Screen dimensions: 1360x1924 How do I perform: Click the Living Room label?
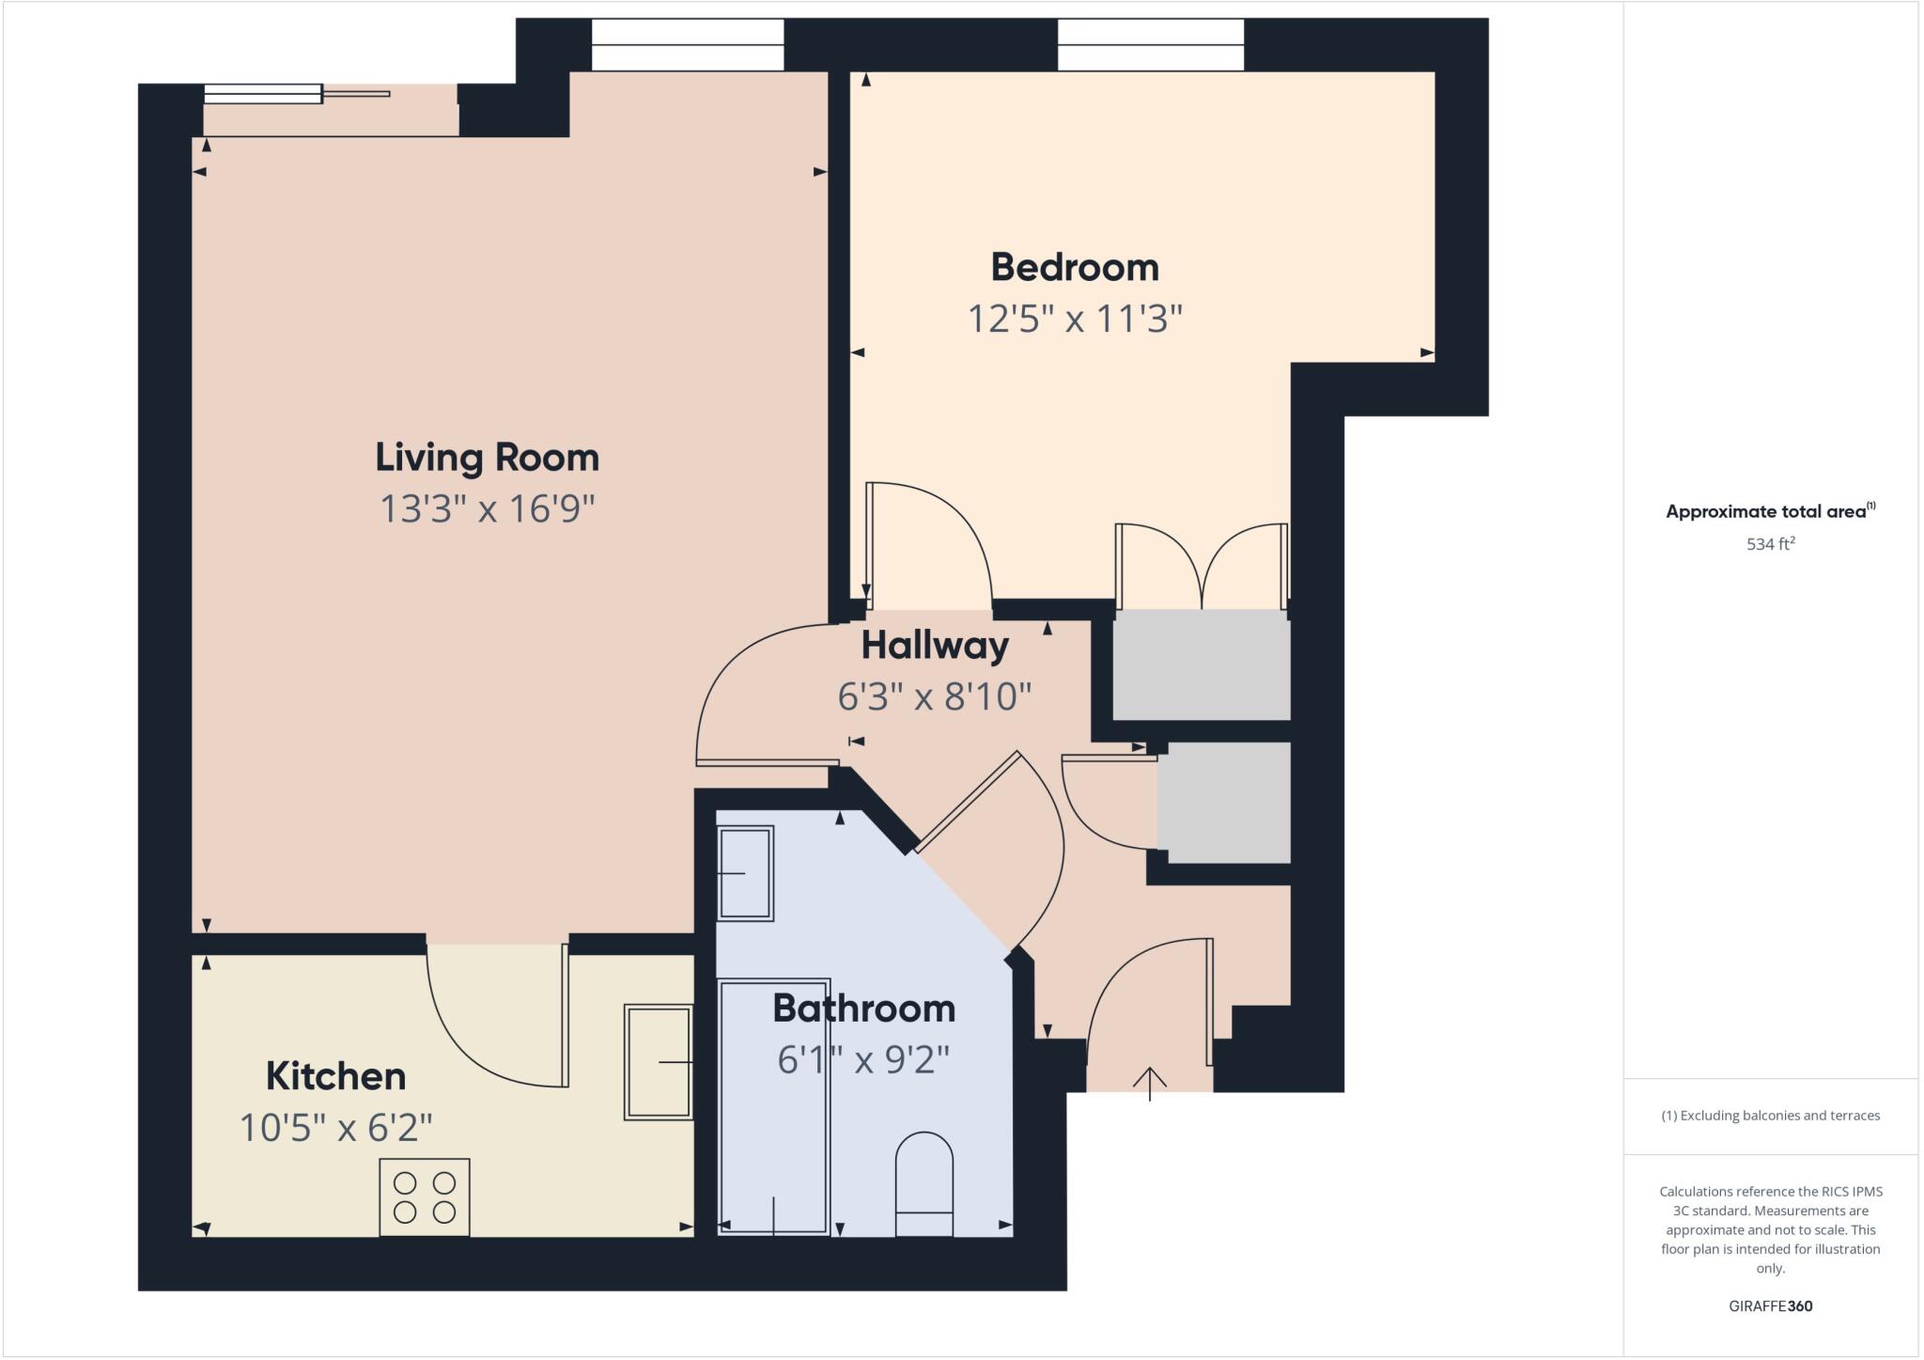(x=487, y=458)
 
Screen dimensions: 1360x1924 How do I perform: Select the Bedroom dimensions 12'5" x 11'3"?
(x=1074, y=320)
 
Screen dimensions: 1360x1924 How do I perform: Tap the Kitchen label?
(x=335, y=1076)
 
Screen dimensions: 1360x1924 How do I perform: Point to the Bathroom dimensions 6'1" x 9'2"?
(x=863, y=1060)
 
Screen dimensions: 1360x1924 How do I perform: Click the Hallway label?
(x=935, y=646)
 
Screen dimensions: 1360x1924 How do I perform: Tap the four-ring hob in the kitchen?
(x=424, y=1197)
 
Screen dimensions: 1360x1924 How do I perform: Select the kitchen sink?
(x=658, y=1062)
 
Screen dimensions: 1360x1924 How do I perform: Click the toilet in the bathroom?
(x=923, y=1184)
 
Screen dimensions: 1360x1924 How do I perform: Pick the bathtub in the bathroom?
(x=772, y=1106)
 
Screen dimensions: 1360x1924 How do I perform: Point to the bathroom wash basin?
(x=744, y=873)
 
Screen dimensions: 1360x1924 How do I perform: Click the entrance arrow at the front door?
(x=1149, y=1083)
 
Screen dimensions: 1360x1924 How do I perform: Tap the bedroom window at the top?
(x=1150, y=45)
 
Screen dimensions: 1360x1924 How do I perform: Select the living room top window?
(x=687, y=45)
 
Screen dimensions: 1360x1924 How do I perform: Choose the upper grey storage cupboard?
(x=1201, y=664)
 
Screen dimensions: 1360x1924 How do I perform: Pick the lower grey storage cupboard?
(x=1223, y=803)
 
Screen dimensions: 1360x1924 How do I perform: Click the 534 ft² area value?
(x=1770, y=544)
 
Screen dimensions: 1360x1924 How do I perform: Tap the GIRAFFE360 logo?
(x=1770, y=1306)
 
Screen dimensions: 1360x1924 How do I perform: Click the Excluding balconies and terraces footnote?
(x=1770, y=1116)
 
